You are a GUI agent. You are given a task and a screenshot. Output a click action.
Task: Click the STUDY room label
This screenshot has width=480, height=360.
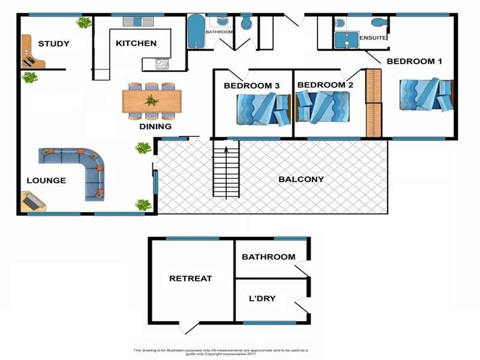53,44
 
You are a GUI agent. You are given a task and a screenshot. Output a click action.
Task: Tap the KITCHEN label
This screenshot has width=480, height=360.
136,43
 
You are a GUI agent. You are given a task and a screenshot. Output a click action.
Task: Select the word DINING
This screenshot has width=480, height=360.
155,127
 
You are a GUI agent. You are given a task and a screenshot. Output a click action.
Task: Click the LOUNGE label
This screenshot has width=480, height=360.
46,181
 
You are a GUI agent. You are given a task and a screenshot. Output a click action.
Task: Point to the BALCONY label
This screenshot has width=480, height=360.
301,179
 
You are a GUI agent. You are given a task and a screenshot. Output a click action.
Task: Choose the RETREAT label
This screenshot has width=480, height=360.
190,278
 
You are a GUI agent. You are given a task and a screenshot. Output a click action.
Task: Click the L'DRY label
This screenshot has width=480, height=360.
262,298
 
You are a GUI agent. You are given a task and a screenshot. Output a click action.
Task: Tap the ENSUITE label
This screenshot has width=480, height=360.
373,38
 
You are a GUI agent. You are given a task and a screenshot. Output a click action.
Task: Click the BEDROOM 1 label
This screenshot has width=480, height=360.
414,61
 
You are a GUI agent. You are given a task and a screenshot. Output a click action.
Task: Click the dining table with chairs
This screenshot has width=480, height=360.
152,100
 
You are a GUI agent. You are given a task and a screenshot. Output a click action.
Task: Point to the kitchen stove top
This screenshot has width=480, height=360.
163,62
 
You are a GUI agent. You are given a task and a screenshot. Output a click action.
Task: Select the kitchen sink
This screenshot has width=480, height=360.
139,22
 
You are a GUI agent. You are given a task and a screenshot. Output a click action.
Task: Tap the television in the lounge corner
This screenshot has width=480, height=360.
32,202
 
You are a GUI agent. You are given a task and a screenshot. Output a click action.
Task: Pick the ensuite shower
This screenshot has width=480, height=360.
345,40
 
